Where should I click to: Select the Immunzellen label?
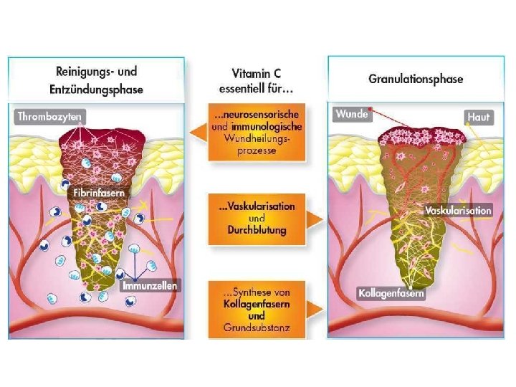point(149,285)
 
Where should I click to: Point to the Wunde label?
point(352,114)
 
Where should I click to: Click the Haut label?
point(478,115)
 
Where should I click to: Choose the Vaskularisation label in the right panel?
point(458,211)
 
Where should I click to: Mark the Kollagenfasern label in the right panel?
point(391,293)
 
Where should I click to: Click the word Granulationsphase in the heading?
point(416,79)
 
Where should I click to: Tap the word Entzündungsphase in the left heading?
point(96,90)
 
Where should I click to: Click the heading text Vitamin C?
point(255,73)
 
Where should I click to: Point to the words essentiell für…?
point(256,89)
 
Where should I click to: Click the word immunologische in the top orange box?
point(265,125)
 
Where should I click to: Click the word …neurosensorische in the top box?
point(256,114)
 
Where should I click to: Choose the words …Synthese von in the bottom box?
point(256,292)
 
